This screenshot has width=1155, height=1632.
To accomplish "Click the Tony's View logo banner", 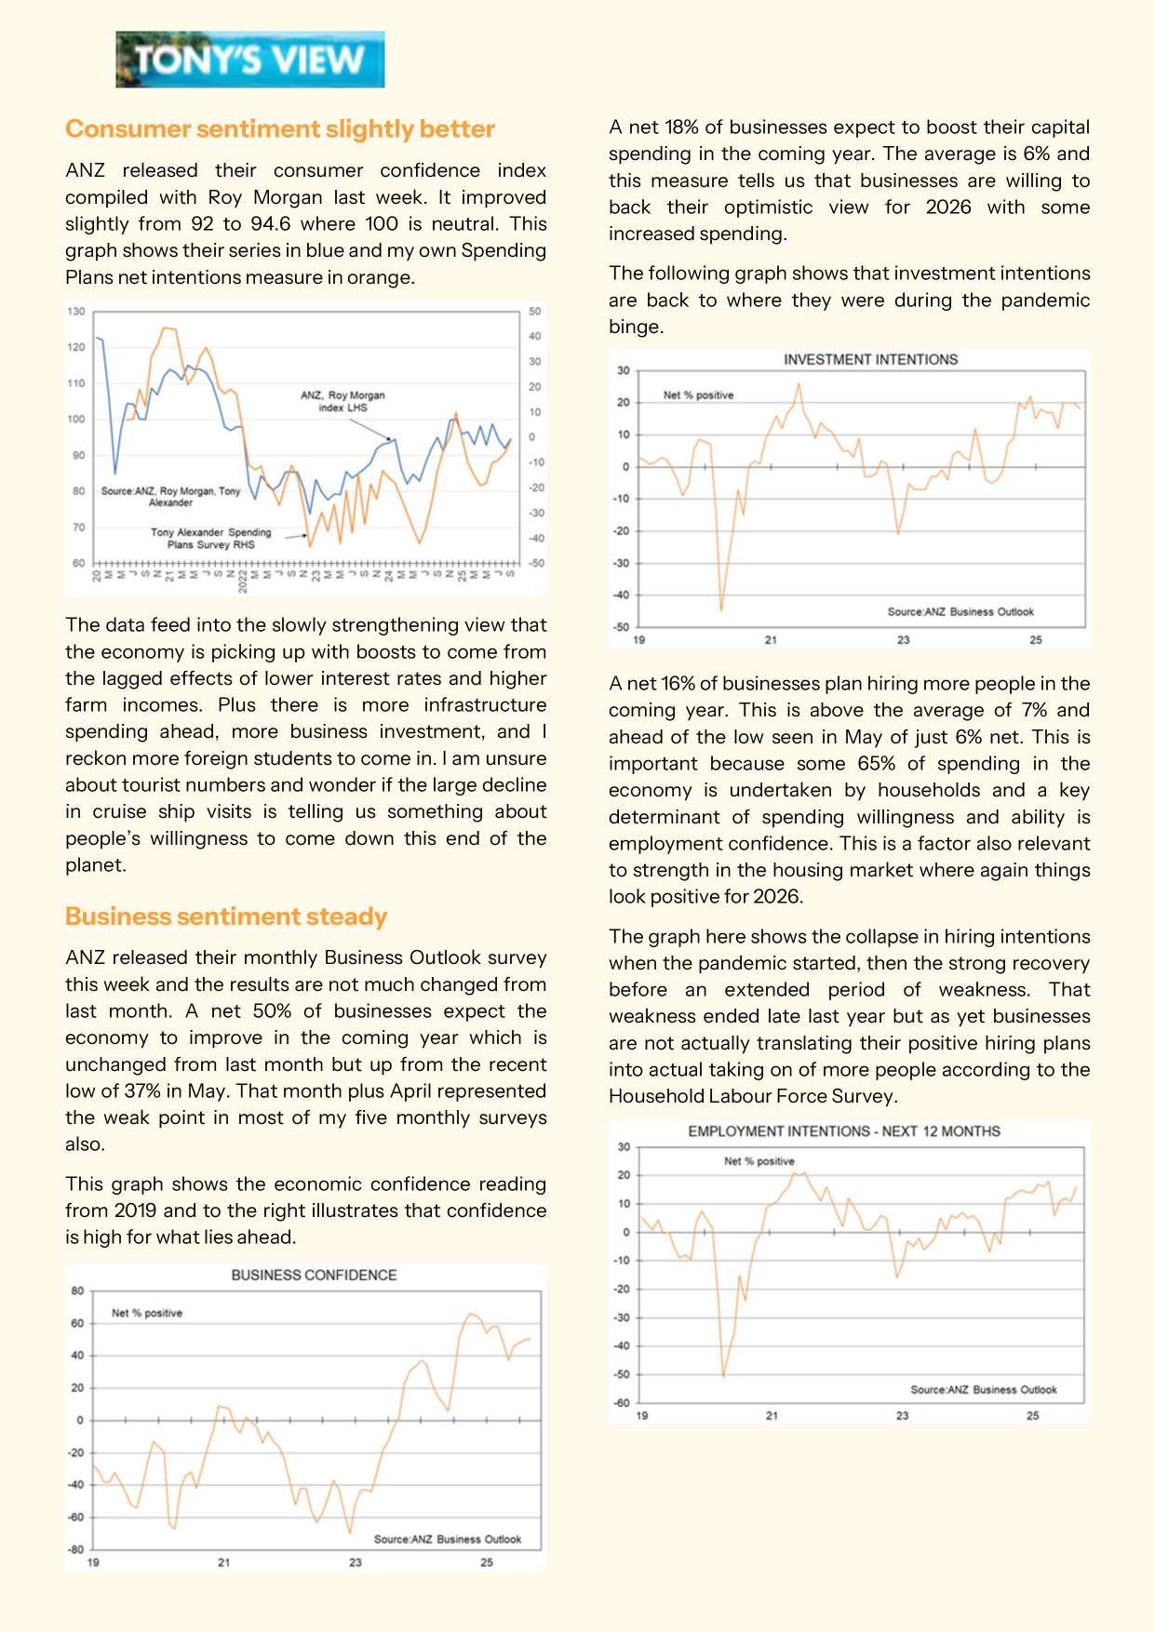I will click(x=249, y=60).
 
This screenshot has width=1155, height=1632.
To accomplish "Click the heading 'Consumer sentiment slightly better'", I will click(x=279, y=128).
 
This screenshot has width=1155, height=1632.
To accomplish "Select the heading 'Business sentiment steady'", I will click(x=225, y=916).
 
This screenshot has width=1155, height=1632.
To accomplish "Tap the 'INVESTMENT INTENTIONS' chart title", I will click(x=870, y=359).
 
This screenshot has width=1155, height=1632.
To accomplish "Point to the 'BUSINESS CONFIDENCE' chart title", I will click(x=314, y=1275).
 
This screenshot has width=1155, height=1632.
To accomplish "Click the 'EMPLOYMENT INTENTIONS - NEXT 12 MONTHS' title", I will click(x=844, y=1131).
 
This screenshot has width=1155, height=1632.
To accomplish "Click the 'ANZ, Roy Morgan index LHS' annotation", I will click(x=342, y=401).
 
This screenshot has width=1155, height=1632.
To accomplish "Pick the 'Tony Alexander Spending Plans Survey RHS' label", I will click(x=211, y=538).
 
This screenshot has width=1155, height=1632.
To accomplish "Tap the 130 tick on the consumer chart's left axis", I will click(x=76, y=312).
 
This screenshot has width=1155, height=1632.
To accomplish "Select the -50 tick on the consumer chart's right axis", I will click(x=536, y=563).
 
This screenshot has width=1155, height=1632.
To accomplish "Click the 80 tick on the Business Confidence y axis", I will click(x=77, y=1291).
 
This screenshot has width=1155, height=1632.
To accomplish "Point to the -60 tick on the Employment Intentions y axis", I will click(x=622, y=1402).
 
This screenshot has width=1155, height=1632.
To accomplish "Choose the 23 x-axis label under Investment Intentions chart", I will click(x=903, y=640).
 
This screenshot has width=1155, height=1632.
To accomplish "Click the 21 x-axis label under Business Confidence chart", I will click(x=224, y=1562).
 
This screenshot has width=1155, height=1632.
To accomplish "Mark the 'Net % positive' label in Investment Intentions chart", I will click(x=698, y=395).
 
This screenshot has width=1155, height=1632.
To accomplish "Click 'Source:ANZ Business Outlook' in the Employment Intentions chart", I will click(x=983, y=1389).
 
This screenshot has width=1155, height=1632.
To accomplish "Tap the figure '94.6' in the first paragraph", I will click(x=272, y=223).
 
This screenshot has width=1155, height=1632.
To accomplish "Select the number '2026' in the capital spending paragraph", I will click(x=947, y=207).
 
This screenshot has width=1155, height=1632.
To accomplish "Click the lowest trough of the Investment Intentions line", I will click(x=721, y=610).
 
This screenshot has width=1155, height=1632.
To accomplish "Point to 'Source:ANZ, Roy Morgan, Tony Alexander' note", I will click(x=170, y=496).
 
